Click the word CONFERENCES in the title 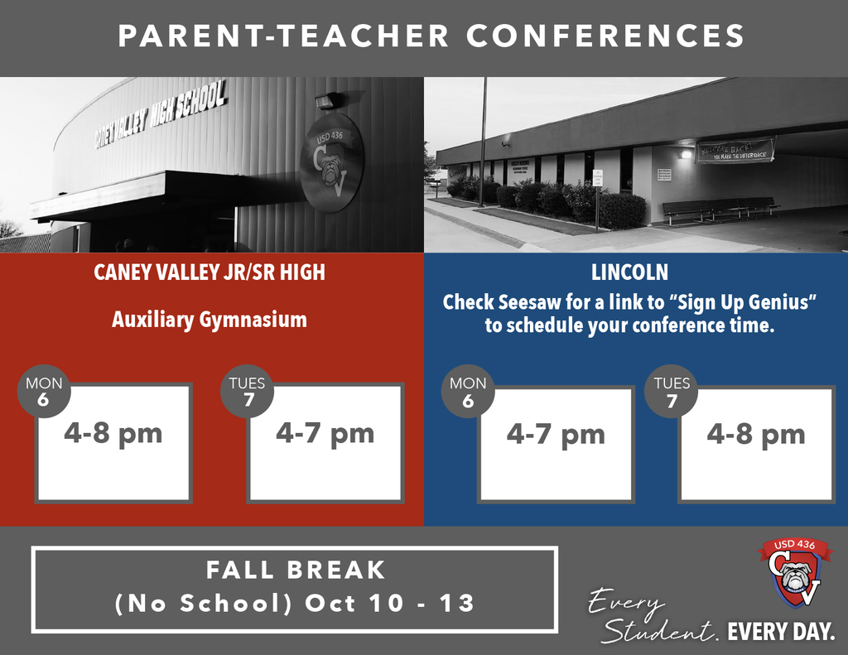pos(605,36)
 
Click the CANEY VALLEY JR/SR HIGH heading pos(210,273)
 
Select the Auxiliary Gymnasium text pos(210,320)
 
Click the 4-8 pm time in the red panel pos(113,433)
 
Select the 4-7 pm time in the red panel pos(325,433)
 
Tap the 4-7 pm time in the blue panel pos(556,435)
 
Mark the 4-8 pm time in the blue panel pos(756,435)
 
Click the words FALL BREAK pos(296,571)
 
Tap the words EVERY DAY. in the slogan pos(781,633)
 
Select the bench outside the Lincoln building pos(719,209)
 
